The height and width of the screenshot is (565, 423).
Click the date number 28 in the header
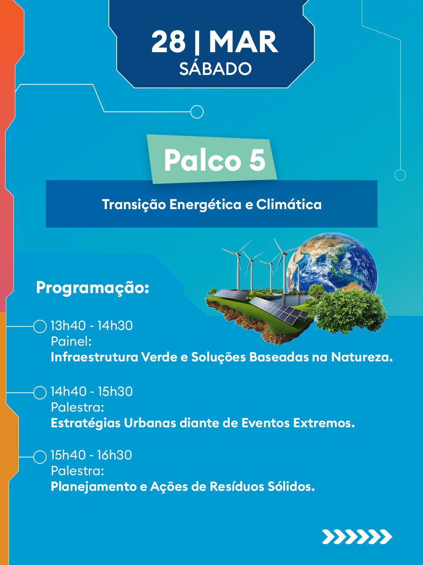pos(168,42)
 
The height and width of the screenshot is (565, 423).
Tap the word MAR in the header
pos(244,42)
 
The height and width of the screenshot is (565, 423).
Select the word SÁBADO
pos(215,69)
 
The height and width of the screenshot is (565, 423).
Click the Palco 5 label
pos(215,160)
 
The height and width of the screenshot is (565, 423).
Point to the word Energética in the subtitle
pos(205,205)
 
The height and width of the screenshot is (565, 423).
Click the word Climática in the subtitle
pos(289,204)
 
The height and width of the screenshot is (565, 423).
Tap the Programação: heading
pos(92,288)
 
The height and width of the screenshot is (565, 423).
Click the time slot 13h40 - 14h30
pos(92,326)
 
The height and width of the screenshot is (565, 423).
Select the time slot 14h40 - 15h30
pos(92,392)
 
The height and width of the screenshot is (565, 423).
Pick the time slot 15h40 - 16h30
pos(91,455)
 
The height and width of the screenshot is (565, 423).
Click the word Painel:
pos(71,342)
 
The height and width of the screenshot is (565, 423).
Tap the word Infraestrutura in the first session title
pos(94,357)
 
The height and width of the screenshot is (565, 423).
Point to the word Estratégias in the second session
pos(85,423)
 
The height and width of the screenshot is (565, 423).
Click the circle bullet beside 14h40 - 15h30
pos(40,393)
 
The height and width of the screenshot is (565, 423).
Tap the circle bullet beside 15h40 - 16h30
pos(40,457)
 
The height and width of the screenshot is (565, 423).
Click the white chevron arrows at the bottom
pos(357,537)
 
